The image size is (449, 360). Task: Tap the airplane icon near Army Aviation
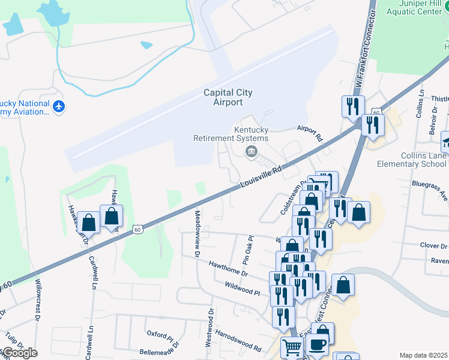(59, 107)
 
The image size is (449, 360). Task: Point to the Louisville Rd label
(262, 178)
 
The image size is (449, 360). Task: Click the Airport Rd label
(310, 133)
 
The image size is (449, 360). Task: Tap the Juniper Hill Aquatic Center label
(414, 7)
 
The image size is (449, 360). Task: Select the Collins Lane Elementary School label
(412, 160)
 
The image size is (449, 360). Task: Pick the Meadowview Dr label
(196, 233)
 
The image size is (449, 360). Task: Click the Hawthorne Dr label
(228, 268)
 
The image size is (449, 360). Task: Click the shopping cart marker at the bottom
(292, 347)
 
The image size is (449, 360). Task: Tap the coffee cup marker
(318, 344)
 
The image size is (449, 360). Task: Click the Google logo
(20, 353)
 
